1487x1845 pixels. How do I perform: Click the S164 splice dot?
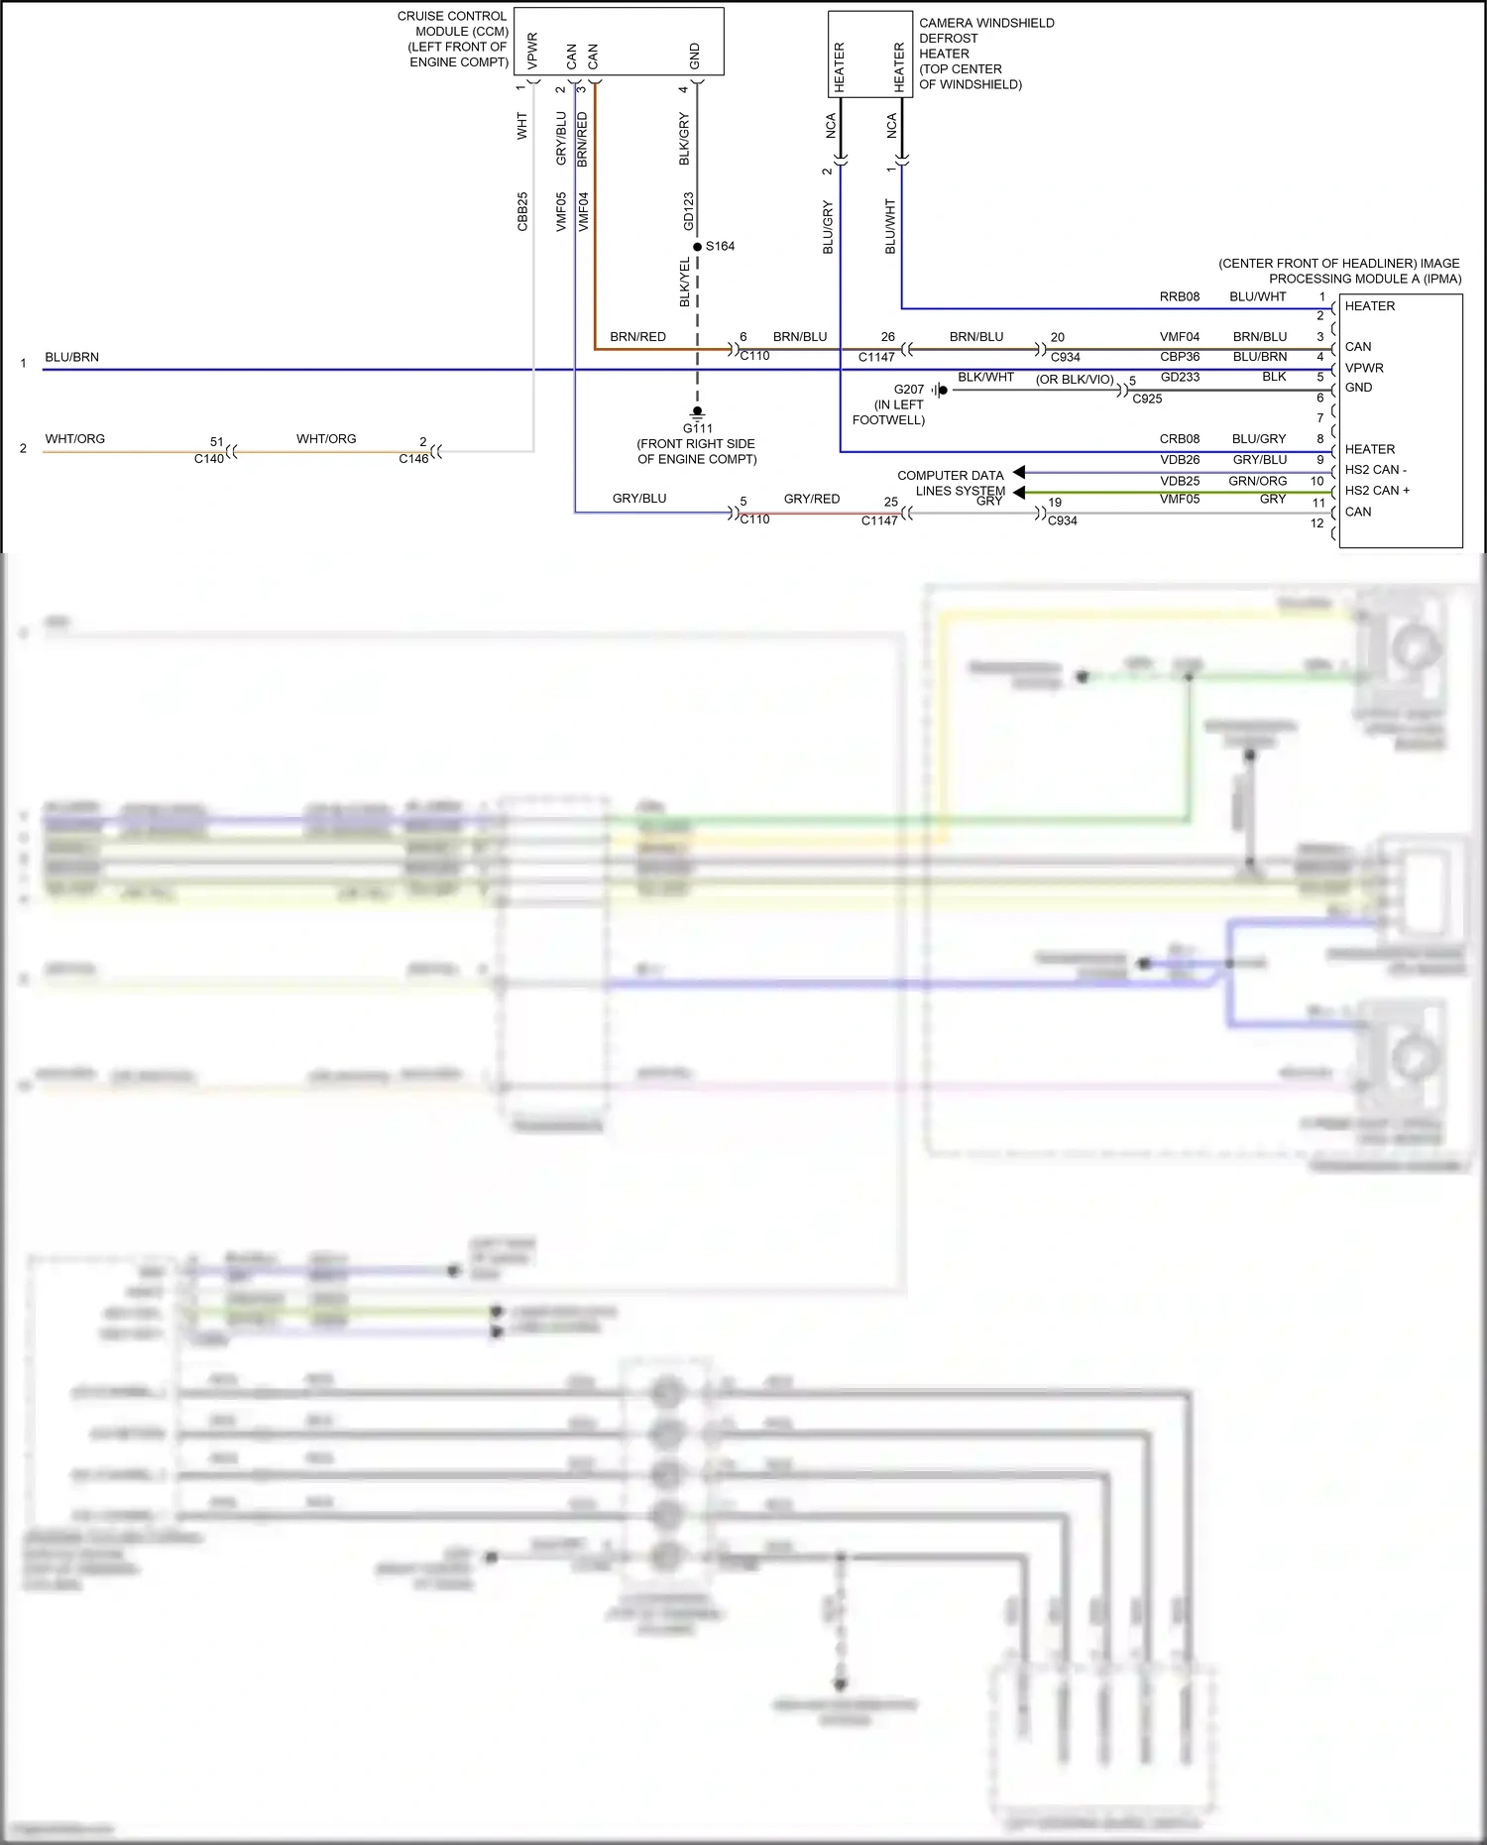click(698, 247)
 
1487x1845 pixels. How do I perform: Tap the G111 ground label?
click(697, 428)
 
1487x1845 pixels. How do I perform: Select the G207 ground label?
click(908, 390)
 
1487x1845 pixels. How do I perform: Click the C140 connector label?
click(208, 459)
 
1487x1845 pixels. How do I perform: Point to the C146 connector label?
click(413, 459)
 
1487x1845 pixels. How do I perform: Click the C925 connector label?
click(1147, 399)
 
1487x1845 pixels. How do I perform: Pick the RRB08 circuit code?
click(1179, 296)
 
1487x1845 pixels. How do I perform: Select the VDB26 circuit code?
click(1180, 460)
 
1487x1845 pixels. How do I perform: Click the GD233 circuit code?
click(1180, 378)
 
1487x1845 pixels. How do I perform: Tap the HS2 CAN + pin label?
click(1377, 491)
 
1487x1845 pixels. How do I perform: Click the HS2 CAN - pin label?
click(1375, 470)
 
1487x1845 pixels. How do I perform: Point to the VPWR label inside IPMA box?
click(1364, 368)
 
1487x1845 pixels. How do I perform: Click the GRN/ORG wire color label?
click(1257, 481)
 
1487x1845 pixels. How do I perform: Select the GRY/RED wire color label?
click(811, 499)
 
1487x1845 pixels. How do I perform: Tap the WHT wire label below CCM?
click(522, 126)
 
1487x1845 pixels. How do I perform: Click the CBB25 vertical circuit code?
click(522, 211)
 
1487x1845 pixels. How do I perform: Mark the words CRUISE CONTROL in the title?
click(451, 16)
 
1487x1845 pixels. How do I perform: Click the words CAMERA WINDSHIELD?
click(986, 23)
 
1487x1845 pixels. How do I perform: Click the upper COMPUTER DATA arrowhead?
click(1019, 473)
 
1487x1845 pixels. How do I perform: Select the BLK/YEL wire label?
click(684, 282)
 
